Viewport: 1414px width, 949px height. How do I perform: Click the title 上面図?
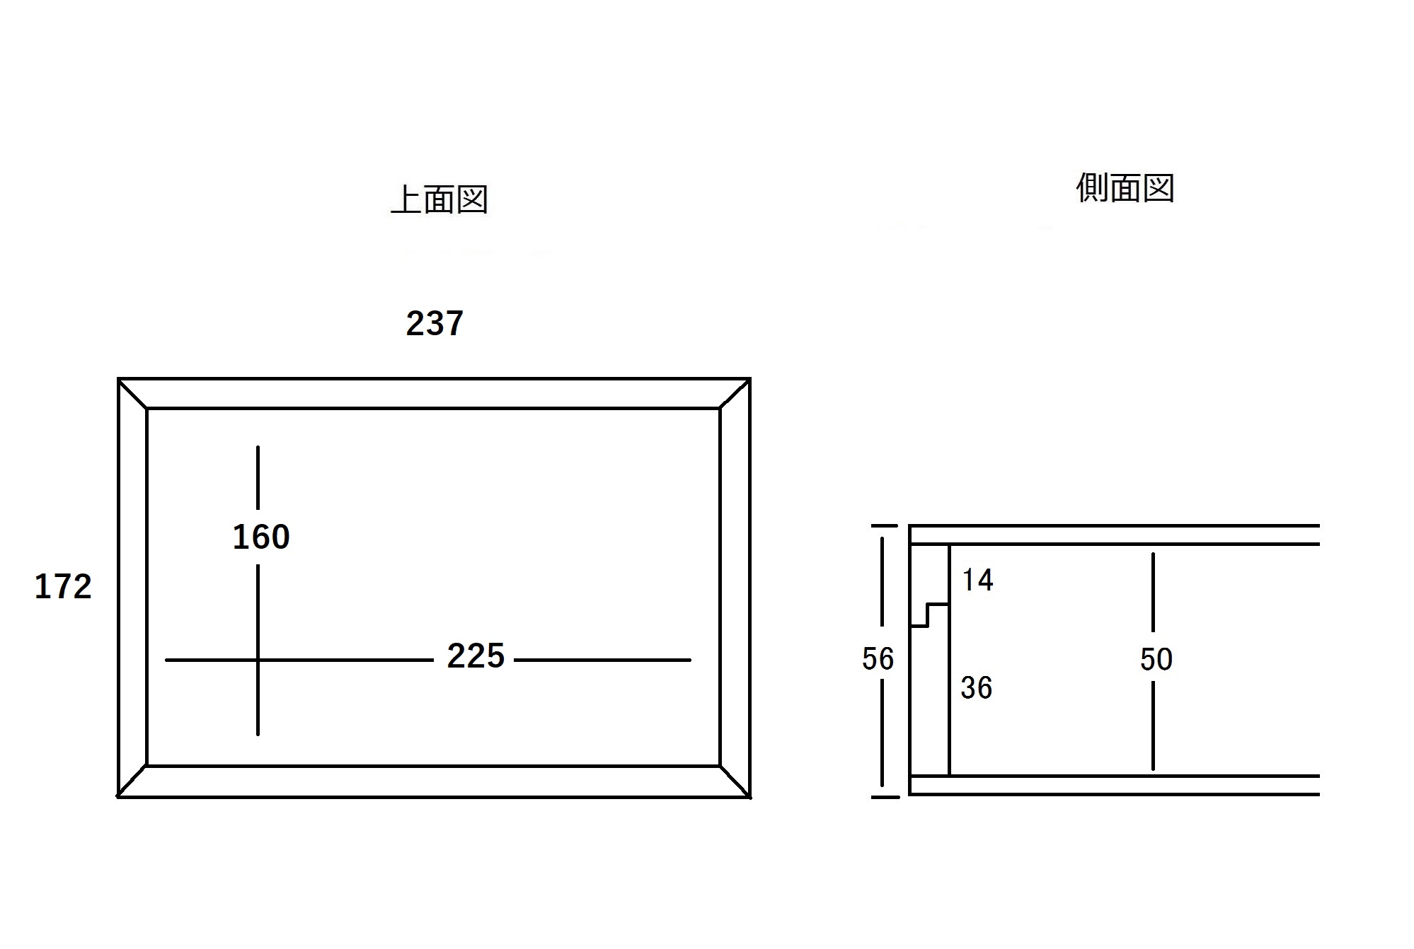[439, 199]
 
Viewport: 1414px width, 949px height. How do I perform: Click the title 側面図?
[1125, 188]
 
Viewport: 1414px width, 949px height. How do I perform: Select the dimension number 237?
[435, 324]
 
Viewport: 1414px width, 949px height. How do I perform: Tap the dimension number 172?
[63, 587]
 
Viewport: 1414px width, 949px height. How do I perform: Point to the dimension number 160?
[261, 537]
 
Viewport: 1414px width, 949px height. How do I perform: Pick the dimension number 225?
[476, 656]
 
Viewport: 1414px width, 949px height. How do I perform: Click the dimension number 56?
[878, 659]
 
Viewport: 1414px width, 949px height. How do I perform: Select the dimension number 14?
[977, 581]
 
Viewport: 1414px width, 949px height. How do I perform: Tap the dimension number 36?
[977, 688]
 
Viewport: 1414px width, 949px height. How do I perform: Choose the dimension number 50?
[1156, 660]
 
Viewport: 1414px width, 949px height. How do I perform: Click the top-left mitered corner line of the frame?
[132, 394]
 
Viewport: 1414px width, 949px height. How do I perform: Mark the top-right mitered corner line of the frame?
[735, 394]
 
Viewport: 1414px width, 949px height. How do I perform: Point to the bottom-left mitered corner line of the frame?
[132, 781]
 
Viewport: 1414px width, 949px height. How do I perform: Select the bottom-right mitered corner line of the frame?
[735, 781]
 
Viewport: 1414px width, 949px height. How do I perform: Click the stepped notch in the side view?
[928, 615]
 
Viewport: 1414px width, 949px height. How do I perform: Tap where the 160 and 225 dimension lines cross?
[258, 660]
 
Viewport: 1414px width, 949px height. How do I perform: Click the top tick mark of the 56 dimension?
[884, 526]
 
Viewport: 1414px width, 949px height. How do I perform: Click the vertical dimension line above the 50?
[1154, 592]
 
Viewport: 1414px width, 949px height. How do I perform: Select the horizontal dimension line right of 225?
[602, 660]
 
